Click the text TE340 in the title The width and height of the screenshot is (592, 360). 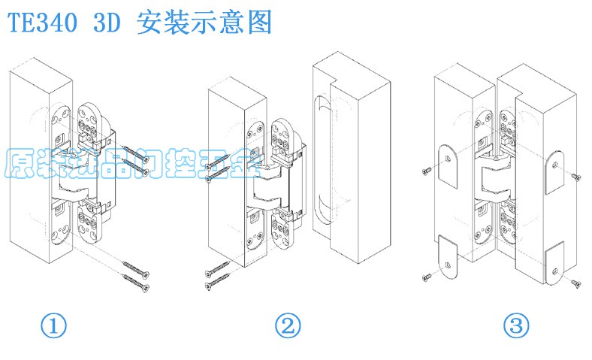42,23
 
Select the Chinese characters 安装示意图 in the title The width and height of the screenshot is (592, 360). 204,23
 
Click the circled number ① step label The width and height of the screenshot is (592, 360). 53,327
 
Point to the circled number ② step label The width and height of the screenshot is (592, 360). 288,327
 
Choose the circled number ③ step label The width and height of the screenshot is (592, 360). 516,327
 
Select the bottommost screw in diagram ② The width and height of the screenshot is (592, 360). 217,282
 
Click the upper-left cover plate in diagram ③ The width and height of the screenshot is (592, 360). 448,165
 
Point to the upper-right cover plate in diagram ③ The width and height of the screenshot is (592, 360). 554,168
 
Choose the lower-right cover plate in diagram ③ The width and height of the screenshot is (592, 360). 554,263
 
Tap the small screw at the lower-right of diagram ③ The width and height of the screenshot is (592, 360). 576,283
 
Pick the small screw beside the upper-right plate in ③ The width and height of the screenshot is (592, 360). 576,177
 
